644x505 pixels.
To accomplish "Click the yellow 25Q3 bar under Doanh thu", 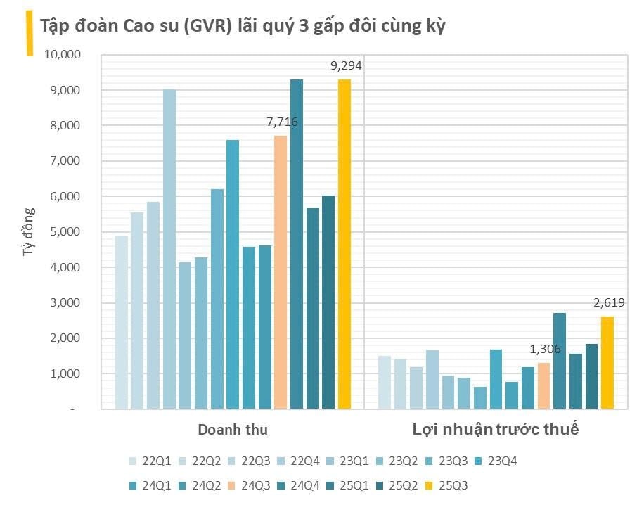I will click(x=344, y=243).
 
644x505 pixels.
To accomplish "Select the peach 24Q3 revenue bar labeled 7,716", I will click(x=281, y=271).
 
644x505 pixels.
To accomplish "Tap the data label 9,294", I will click(x=346, y=66).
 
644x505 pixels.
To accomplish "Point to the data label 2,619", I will click(x=609, y=303).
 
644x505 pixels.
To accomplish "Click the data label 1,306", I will click(x=545, y=350).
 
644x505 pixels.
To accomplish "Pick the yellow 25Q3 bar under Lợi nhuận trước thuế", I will click(x=607, y=362).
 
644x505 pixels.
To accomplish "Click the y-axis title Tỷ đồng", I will click(x=29, y=231).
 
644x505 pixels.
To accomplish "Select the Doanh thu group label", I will click(x=232, y=429).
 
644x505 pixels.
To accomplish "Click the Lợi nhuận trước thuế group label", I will click(x=495, y=429).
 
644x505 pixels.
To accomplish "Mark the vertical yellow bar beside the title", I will click(x=29, y=33).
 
